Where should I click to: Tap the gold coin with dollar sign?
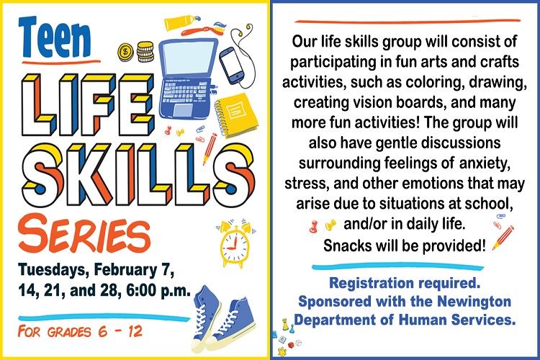[x=125, y=51]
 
